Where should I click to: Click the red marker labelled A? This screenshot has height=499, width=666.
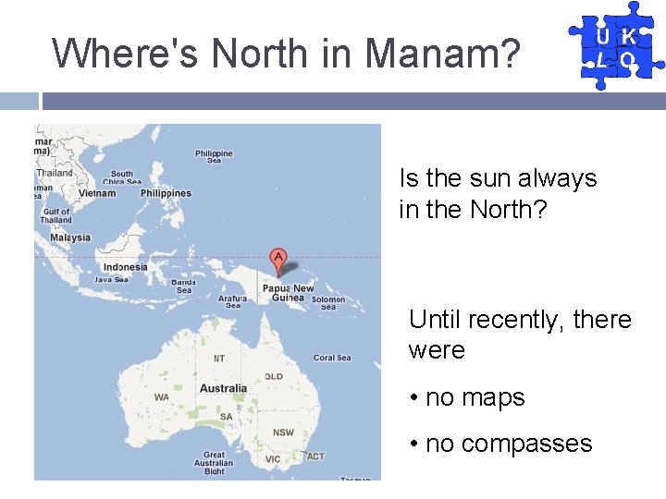coord(277,257)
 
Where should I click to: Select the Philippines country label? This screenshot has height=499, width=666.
coord(166,193)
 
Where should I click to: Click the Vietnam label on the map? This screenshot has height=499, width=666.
coord(97,193)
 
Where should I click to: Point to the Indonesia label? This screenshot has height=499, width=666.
coord(125,267)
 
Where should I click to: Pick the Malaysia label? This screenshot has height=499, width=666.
coord(70,237)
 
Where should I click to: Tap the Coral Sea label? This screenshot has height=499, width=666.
coord(332,358)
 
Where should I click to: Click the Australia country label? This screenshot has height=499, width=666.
coord(223,388)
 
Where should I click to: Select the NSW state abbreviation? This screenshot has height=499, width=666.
coord(283,432)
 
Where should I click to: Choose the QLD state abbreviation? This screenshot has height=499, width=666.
coord(274,377)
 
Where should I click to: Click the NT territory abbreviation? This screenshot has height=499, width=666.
coord(219,358)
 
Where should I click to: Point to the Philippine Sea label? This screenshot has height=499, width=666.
coord(214,156)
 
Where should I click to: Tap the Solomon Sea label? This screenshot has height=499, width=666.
coord(328,302)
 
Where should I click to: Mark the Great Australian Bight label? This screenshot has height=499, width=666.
coord(214,462)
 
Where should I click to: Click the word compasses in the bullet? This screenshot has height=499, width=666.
coord(526,444)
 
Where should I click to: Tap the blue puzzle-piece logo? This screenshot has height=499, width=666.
coord(615,45)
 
